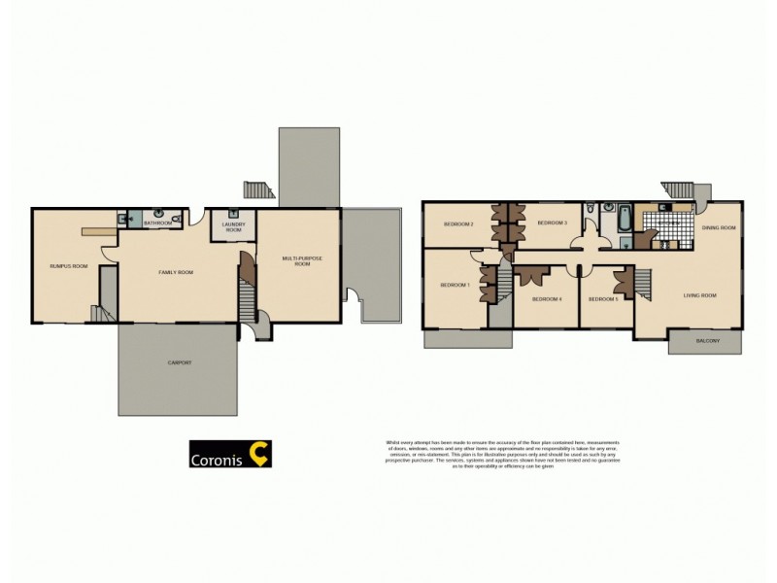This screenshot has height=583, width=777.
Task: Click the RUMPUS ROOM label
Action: pyautogui.click(x=69, y=265)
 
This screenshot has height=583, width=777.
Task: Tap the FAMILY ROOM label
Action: pyautogui.click(x=177, y=272)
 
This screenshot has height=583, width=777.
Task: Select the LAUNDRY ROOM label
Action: pyautogui.click(x=233, y=228)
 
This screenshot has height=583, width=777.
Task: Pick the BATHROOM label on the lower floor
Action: pyautogui.click(x=157, y=223)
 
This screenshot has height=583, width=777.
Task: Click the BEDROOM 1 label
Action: pyautogui.click(x=455, y=285)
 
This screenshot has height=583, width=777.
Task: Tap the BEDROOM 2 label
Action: pyautogui.click(x=457, y=223)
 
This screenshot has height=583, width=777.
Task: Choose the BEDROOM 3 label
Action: pyautogui.click(x=552, y=223)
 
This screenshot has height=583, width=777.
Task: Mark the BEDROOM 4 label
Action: pyautogui.click(x=547, y=298)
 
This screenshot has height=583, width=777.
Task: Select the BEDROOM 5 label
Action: pyautogui.click(x=603, y=298)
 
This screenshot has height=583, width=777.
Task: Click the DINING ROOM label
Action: pyautogui.click(x=719, y=227)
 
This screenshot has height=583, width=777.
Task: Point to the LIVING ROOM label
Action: pyautogui.click(x=699, y=295)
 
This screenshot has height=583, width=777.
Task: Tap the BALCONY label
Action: pyautogui.click(x=706, y=342)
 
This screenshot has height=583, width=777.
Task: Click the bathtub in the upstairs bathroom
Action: pyautogui.click(x=625, y=220)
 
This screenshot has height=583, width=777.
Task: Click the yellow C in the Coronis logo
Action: pyautogui.click(x=259, y=453)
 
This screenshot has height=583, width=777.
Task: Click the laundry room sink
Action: pyautogui.click(x=234, y=215)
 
